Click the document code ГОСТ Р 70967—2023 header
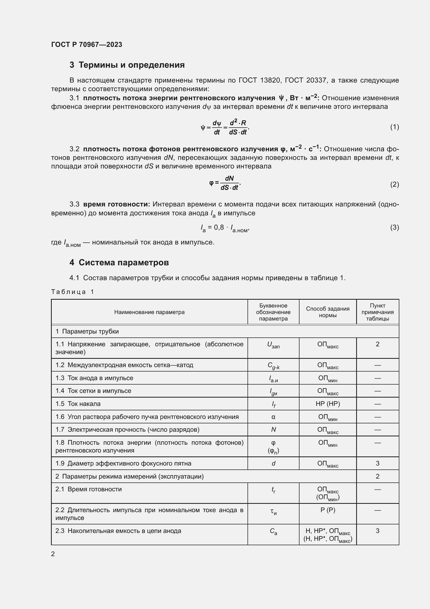click(87, 45)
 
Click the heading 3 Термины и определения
click(127, 65)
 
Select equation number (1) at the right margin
click(395, 127)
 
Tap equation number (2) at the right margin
click(395, 184)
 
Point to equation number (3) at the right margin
click(395, 227)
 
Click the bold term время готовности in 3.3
click(116, 204)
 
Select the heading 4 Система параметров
click(119, 263)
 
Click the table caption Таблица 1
click(73, 292)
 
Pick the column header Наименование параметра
click(149, 312)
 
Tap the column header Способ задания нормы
click(328, 312)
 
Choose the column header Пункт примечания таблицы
click(377, 312)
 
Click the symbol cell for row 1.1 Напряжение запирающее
click(273, 345)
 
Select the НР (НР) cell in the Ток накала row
click(328, 404)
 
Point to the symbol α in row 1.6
click(273, 417)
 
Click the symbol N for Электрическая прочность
click(273, 429)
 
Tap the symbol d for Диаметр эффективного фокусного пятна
click(273, 463)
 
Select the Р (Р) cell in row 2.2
click(328, 510)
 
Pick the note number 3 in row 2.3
click(377, 531)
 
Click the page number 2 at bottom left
click(53, 554)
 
